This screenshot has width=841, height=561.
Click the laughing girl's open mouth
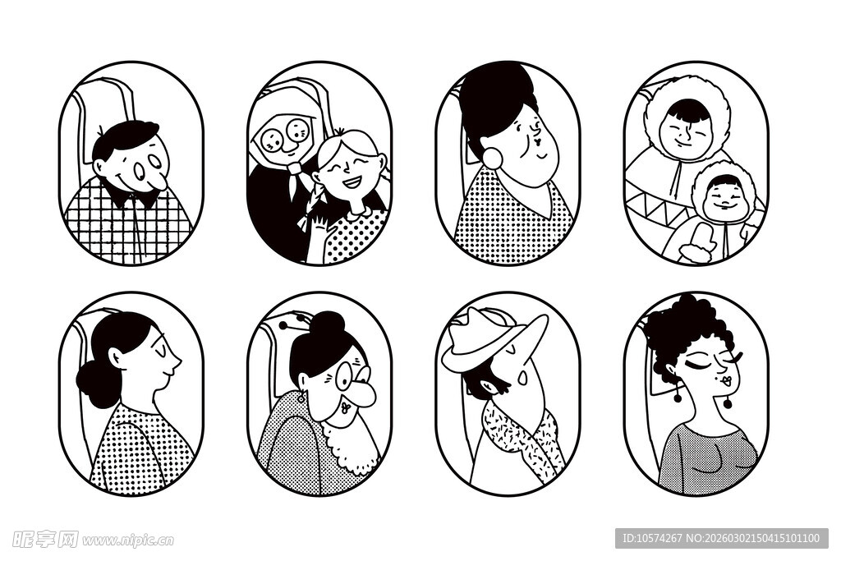click(x=352, y=183)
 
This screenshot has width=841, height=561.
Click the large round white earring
click(x=492, y=157)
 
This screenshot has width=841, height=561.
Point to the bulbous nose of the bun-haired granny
click(x=364, y=393)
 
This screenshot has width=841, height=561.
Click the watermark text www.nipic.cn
click(x=127, y=540)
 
